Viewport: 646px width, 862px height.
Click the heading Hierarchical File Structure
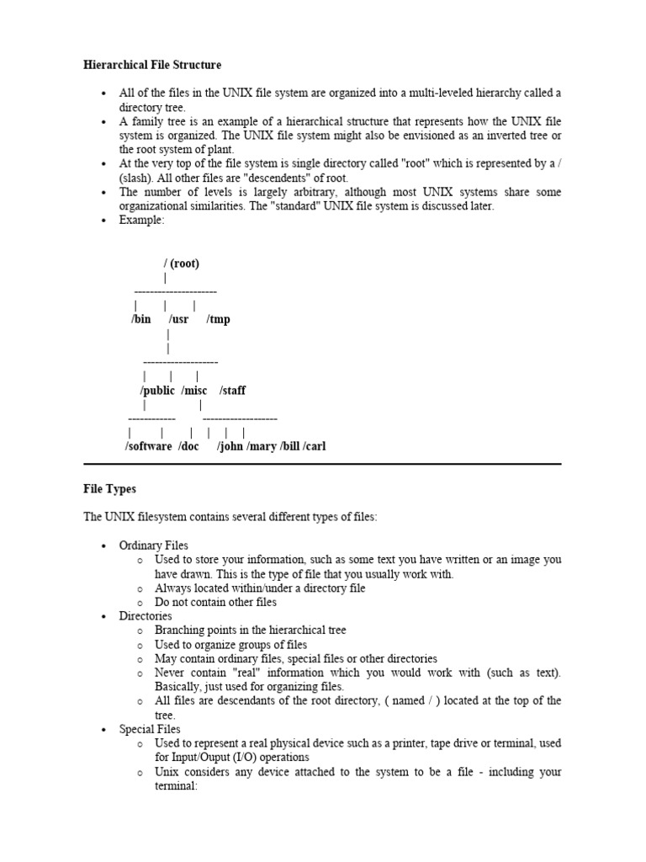(x=152, y=65)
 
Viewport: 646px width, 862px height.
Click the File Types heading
(x=109, y=488)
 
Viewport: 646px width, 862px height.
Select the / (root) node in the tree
(x=182, y=263)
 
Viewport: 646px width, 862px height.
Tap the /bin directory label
(x=141, y=319)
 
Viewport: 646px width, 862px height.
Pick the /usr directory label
(x=179, y=319)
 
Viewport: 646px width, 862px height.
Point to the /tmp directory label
(x=218, y=319)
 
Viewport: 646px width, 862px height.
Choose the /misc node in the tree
(x=193, y=391)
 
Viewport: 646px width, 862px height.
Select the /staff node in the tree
(x=232, y=391)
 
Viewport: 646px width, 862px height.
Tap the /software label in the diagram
(x=148, y=446)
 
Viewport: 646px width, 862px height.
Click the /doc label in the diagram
(x=188, y=446)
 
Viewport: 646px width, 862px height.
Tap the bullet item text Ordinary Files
(x=154, y=545)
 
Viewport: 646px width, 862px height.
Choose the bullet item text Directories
(x=146, y=616)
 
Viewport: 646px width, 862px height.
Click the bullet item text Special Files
(x=150, y=729)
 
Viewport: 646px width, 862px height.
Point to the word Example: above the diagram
(x=142, y=221)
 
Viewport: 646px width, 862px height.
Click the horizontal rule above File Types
(x=322, y=463)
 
